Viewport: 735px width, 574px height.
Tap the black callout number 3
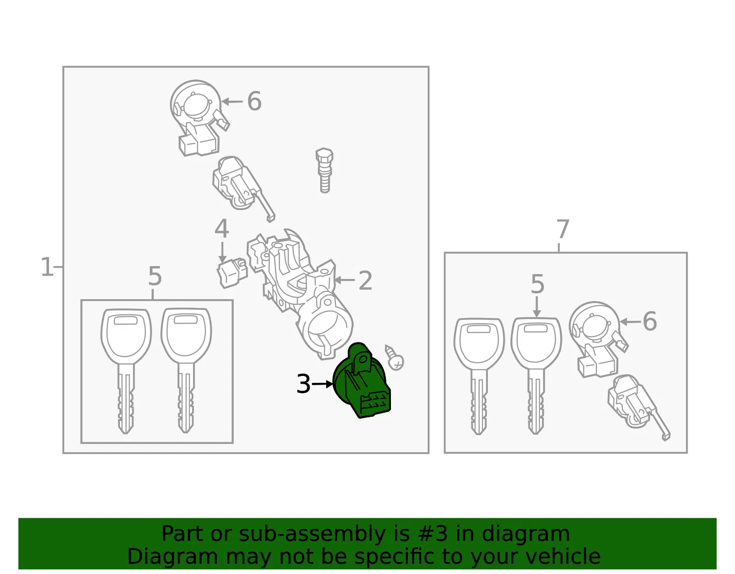click(303, 384)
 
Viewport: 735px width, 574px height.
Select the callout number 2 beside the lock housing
click(365, 280)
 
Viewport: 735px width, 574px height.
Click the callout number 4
click(222, 228)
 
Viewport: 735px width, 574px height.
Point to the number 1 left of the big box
click(47, 267)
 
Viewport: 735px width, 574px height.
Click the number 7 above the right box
click(562, 229)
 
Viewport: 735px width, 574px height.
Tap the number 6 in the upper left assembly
click(254, 101)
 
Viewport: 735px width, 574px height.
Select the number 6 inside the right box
click(650, 321)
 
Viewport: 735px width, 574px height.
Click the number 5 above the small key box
click(155, 276)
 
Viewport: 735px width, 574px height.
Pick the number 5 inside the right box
click(538, 284)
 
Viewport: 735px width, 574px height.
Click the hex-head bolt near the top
click(324, 170)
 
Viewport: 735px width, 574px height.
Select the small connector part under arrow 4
click(232, 273)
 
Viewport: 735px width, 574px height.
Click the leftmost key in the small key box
click(126, 370)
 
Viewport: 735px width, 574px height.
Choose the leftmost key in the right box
click(479, 375)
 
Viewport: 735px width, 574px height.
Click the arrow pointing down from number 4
click(222, 252)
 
